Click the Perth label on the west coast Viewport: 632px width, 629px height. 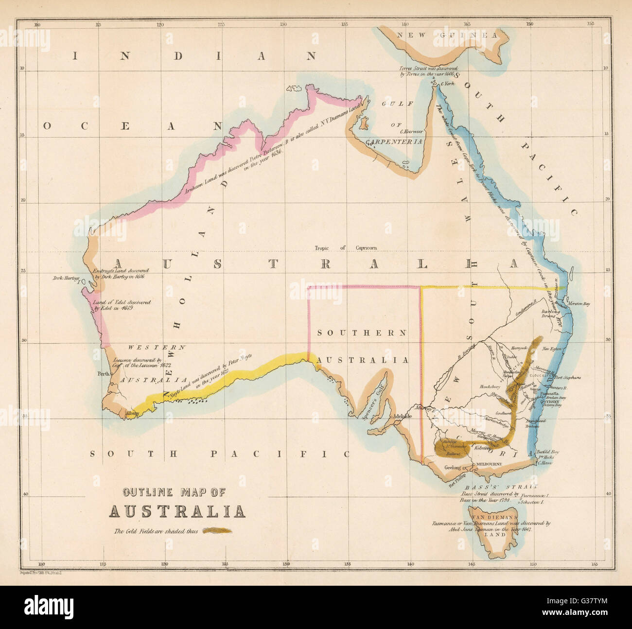click(x=103, y=374)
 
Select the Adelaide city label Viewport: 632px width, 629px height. click(x=402, y=417)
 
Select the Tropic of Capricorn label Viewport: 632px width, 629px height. click(x=345, y=248)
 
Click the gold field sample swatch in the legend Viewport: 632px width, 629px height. click(x=218, y=531)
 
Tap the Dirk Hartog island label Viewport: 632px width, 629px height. click(x=67, y=279)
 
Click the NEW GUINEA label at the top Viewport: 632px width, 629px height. click(x=447, y=35)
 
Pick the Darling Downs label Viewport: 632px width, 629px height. click(x=551, y=313)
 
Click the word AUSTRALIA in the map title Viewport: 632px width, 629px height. click(x=176, y=511)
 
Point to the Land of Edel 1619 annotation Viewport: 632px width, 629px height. click(x=115, y=305)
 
